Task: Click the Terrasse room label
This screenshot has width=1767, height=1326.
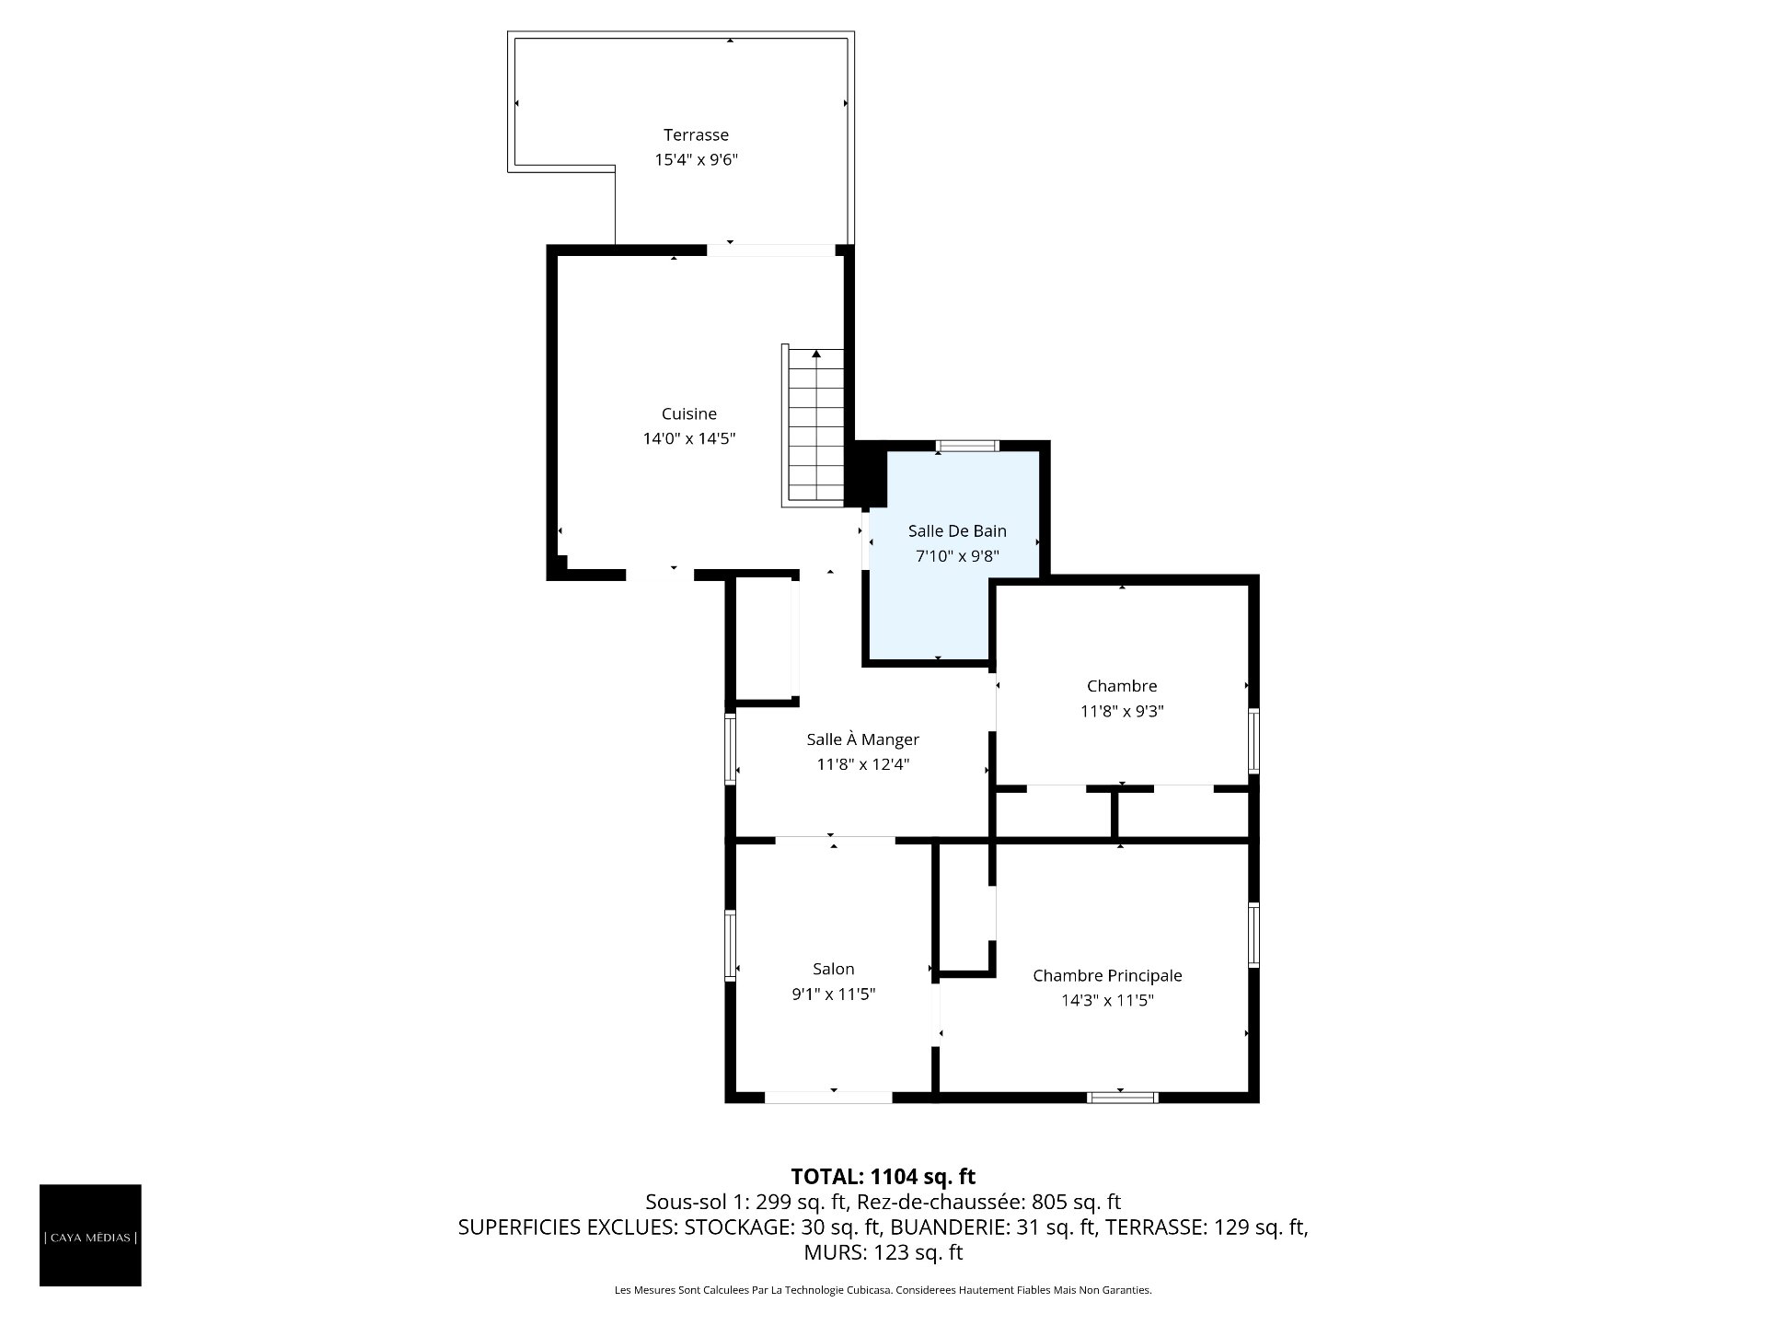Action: (x=696, y=135)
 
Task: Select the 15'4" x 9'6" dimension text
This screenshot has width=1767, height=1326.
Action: (x=696, y=160)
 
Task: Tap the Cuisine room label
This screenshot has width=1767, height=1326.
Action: (x=689, y=414)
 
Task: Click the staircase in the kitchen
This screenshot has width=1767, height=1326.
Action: (x=814, y=425)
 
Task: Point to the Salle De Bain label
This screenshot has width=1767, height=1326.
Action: (x=957, y=531)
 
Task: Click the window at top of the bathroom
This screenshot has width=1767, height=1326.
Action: (x=967, y=447)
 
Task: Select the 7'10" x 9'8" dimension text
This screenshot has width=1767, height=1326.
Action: (x=957, y=556)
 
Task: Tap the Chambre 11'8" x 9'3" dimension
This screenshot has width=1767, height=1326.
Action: (x=1122, y=712)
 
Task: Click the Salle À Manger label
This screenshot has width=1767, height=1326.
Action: (x=863, y=739)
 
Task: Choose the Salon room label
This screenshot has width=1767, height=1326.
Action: (x=834, y=969)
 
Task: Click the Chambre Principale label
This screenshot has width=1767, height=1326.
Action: (x=1107, y=976)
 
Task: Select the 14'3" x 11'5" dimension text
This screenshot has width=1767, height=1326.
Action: (x=1107, y=1001)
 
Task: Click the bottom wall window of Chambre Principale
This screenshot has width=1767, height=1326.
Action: (x=1122, y=1097)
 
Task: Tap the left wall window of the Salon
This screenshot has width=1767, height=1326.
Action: (x=731, y=945)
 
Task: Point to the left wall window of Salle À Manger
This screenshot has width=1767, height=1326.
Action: (x=731, y=748)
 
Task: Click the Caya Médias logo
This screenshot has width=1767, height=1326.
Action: (x=90, y=1236)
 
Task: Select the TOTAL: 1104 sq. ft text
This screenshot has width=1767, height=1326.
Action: (x=883, y=1177)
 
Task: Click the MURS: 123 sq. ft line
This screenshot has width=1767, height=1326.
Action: (x=883, y=1252)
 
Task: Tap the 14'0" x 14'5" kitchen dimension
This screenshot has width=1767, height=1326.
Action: (x=689, y=439)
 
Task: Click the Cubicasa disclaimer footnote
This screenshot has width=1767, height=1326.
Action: (x=883, y=1290)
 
